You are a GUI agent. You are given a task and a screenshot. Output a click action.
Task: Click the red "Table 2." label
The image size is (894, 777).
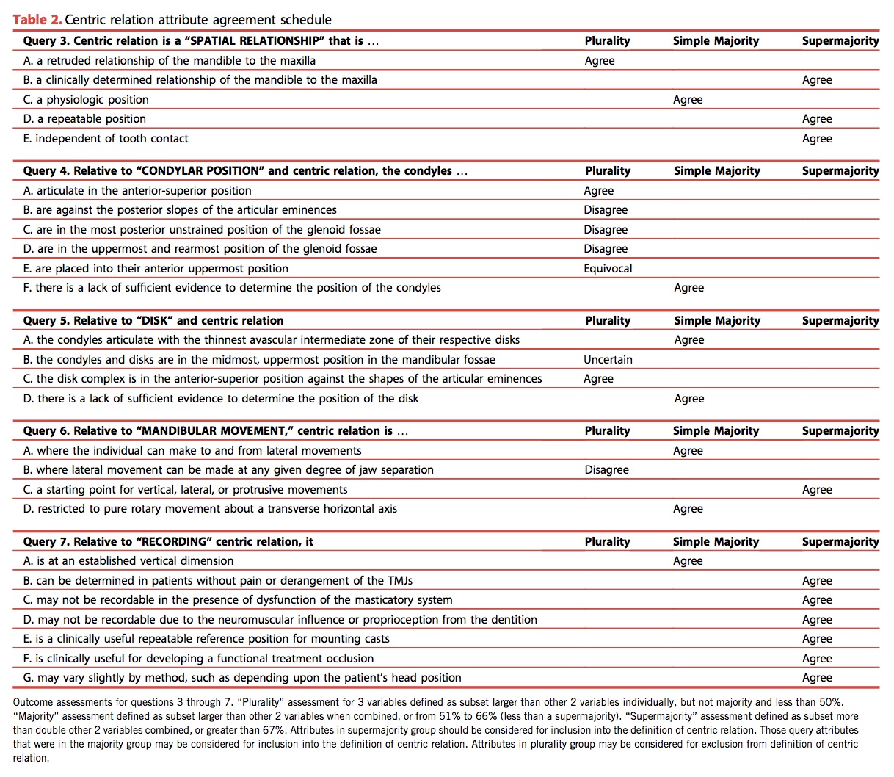[37, 20]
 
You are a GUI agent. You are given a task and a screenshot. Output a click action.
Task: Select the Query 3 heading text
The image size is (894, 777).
[200, 41]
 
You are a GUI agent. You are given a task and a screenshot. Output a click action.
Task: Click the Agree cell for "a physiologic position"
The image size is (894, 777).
[688, 100]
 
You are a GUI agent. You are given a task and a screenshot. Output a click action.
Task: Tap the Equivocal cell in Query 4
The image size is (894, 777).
[608, 269]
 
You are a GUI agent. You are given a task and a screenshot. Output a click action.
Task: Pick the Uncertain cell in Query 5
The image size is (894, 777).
[608, 360]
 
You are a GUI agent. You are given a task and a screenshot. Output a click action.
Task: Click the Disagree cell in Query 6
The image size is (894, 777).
[606, 470]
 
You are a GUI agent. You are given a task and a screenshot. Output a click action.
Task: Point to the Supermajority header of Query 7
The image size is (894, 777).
[840, 542]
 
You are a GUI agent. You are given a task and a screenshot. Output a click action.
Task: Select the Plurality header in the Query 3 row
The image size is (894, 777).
[607, 41]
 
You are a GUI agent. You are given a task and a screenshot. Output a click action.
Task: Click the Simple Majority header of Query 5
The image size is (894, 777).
[717, 321]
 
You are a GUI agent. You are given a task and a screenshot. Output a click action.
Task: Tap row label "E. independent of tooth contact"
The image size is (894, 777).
[106, 139]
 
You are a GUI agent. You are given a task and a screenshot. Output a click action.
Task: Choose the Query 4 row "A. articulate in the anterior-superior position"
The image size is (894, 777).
[137, 191]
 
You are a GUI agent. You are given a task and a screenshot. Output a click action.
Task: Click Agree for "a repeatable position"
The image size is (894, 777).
[817, 119]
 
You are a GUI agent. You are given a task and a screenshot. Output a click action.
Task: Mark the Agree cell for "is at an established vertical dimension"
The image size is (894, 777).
[688, 561]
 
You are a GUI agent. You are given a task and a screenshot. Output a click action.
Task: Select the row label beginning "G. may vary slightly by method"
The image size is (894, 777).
[242, 678]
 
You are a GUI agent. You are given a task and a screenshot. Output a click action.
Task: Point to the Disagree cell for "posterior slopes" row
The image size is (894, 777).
[606, 210]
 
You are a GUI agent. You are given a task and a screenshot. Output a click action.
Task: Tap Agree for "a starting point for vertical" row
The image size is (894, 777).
[817, 490]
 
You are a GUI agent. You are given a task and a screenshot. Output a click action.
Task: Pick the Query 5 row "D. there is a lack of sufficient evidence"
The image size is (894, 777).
[221, 399]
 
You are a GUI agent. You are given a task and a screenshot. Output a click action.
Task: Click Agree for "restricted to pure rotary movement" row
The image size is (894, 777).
[688, 509]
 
